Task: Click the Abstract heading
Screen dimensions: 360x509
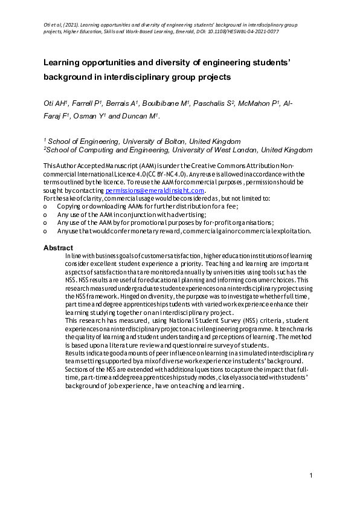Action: [x=59, y=248]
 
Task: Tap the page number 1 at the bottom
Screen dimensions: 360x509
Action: [x=310, y=477]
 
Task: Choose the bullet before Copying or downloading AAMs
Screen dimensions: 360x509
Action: [x=45, y=206]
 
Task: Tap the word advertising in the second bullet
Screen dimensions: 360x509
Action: [x=187, y=214]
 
